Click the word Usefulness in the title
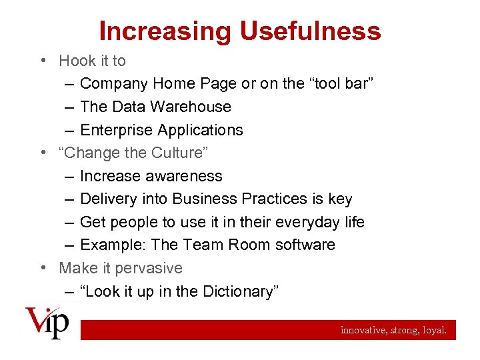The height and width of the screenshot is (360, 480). tap(310, 31)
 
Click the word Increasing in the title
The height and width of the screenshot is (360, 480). tap(165, 31)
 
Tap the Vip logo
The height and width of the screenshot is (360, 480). tap(47, 323)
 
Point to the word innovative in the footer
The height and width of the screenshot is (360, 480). tap(363, 329)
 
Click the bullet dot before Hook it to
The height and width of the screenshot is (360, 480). tap(43, 61)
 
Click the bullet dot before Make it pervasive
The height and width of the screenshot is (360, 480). tap(43, 268)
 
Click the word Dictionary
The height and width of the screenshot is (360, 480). tap(236, 291)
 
